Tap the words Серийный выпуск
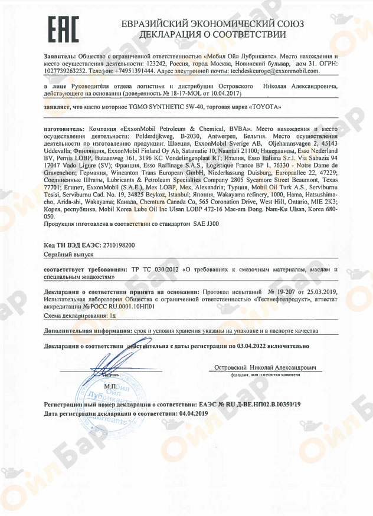coord(66,253)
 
